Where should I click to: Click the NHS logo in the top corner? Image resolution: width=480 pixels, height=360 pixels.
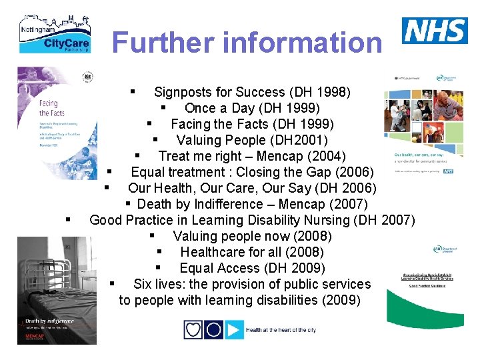click(435, 31)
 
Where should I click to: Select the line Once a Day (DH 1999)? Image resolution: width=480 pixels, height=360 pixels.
click(252, 108)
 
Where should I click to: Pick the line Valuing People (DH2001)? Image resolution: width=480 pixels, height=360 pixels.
click(252, 140)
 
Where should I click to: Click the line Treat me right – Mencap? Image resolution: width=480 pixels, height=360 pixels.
click(252, 156)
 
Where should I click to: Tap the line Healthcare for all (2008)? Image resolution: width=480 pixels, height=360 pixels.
click(252, 252)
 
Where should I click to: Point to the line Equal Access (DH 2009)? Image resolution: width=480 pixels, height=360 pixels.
click(252, 268)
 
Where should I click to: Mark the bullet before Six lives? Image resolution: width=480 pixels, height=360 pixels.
click(113, 283)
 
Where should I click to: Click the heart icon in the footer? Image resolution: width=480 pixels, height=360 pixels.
click(193, 329)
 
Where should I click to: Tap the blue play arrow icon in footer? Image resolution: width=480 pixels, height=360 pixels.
click(234, 329)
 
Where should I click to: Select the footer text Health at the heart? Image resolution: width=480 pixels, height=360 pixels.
click(281, 330)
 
